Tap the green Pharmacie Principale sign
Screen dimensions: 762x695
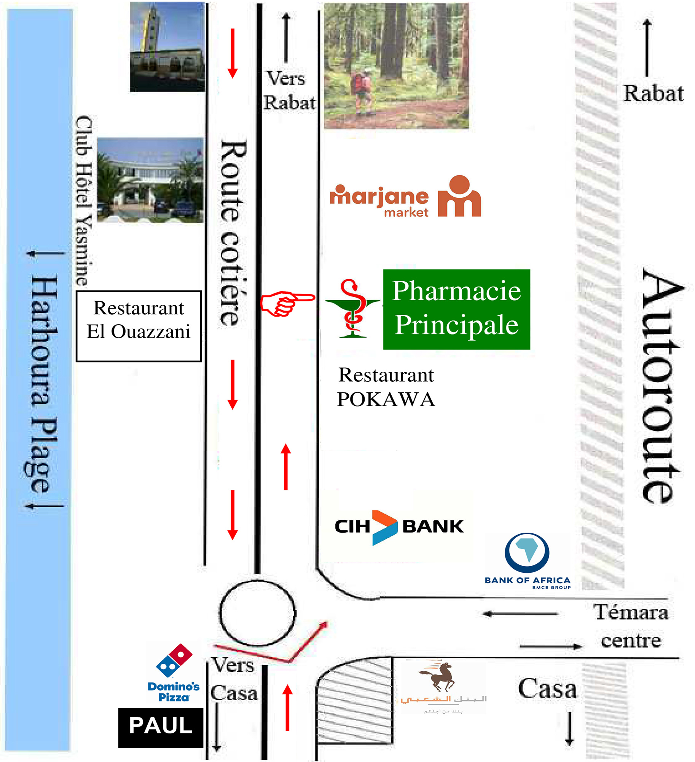pyautogui.click(x=456, y=309)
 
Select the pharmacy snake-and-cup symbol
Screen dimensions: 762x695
pyautogui.click(x=353, y=308)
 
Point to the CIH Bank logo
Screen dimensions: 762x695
pyautogui.click(x=399, y=527)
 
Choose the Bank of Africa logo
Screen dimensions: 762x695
pyautogui.click(x=527, y=560)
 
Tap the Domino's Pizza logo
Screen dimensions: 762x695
pyautogui.click(x=174, y=673)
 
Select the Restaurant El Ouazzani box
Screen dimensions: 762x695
pyautogui.click(x=139, y=326)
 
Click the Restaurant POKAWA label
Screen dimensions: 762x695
pyautogui.click(x=386, y=387)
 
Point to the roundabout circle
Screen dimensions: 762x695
pyautogui.click(x=257, y=613)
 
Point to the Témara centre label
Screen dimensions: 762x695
pyautogui.click(x=631, y=626)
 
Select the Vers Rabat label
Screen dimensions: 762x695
pyautogui.click(x=289, y=91)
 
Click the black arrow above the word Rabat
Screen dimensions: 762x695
pyautogui.click(x=647, y=48)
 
